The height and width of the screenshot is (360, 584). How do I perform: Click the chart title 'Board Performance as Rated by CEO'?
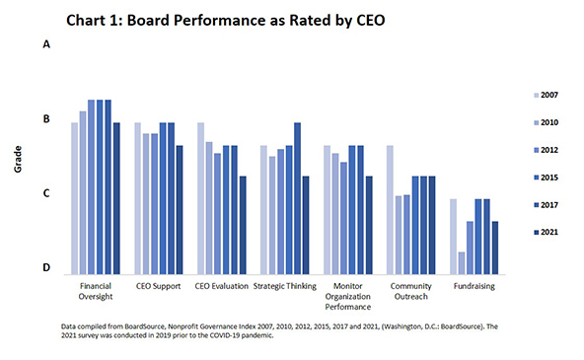(x=255, y=20)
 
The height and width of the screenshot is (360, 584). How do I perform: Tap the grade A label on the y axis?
(x=46, y=44)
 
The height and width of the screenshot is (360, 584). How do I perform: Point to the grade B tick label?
(x=46, y=118)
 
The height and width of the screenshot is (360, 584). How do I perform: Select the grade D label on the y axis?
(x=46, y=267)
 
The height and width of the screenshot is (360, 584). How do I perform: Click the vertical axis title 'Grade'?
(x=18, y=159)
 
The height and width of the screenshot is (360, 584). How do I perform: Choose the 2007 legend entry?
(x=547, y=95)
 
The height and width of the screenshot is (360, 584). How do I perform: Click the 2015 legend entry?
(x=547, y=178)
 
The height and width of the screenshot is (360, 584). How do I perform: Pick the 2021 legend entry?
(x=547, y=233)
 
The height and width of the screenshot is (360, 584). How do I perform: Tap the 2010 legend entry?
(x=547, y=122)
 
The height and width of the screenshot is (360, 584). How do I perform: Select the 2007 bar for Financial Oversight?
(x=75, y=198)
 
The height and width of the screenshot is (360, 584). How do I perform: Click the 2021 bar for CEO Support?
(x=180, y=210)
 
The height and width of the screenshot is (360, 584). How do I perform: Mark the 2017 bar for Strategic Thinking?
(x=297, y=198)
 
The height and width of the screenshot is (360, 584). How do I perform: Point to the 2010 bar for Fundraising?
(x=462, y=263)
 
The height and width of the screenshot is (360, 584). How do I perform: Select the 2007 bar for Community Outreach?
(x=390, y=210)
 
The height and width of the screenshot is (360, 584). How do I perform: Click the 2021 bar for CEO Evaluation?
(x=243, y=225)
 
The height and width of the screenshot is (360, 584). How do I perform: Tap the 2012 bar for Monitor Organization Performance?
(x=343, y=218)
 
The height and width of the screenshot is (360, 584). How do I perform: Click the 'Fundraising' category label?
(x=474, y=286)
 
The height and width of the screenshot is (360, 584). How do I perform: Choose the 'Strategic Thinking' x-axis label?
(x=285, y=286)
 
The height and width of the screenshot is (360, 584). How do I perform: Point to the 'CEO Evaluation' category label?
(x=222, y=286)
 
